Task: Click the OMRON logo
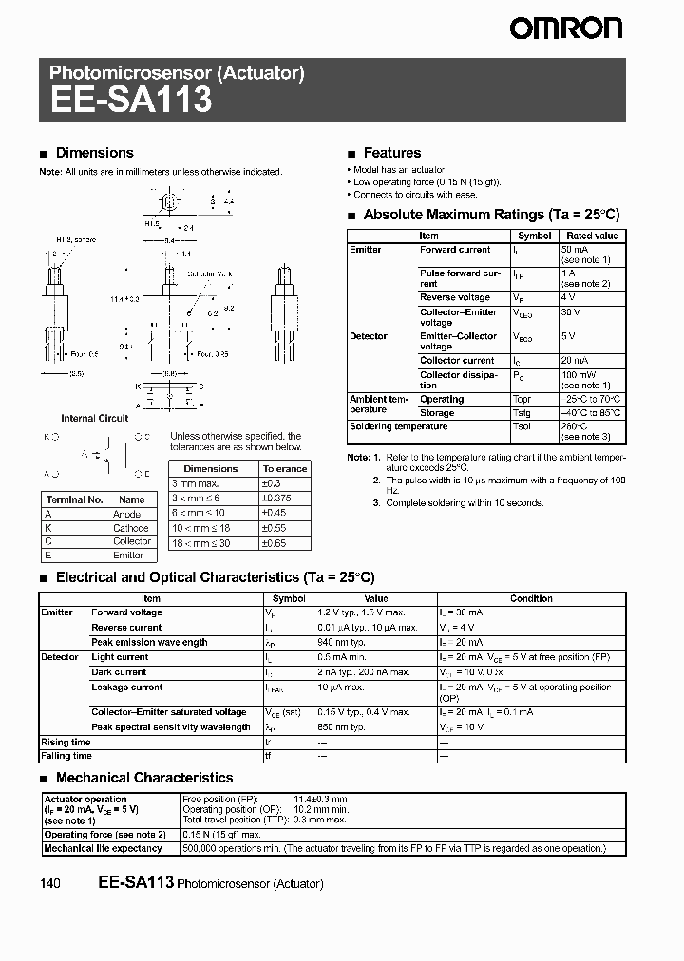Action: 565,28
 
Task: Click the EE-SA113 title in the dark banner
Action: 130,100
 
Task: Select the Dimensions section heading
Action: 95,153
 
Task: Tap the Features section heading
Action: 391,153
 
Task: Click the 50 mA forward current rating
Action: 576,250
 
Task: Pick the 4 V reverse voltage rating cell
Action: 569,297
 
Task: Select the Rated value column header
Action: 592,236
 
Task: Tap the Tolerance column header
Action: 285,468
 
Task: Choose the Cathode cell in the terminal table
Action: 131,528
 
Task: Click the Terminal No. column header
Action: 74,499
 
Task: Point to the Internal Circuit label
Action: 95,418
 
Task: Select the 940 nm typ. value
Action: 341,642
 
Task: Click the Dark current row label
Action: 119,671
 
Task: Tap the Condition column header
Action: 531,598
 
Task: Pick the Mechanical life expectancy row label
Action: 103,848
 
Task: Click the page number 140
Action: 50,884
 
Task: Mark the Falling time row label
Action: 66,756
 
